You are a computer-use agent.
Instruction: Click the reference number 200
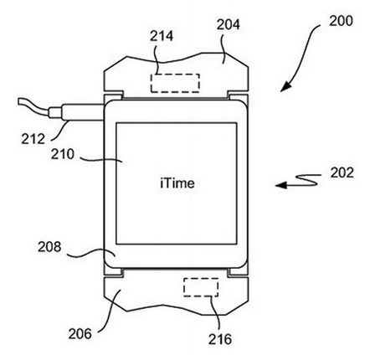click(x=341, y=21)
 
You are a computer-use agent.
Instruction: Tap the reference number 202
click(x=342, y=172)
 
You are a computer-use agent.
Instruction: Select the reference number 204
click(x=229, y=24)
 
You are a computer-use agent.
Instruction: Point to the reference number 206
click(x=80, y=334)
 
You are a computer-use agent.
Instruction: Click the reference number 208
click(x=49, y=247)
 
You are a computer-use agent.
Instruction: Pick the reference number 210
click(x=63, y=154)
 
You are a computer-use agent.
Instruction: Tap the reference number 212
click(x=33, y=139)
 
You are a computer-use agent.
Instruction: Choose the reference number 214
click(x=162, y=36)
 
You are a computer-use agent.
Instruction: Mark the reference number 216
click(x=220, y=339)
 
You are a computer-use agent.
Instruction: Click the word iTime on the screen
click(x=177, y=183)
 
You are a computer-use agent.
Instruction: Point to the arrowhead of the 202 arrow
click(x=280, y=185)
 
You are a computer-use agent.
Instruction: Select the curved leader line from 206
click(x=111, y=311)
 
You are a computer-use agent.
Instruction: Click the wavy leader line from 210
click(x=101, y=160)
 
